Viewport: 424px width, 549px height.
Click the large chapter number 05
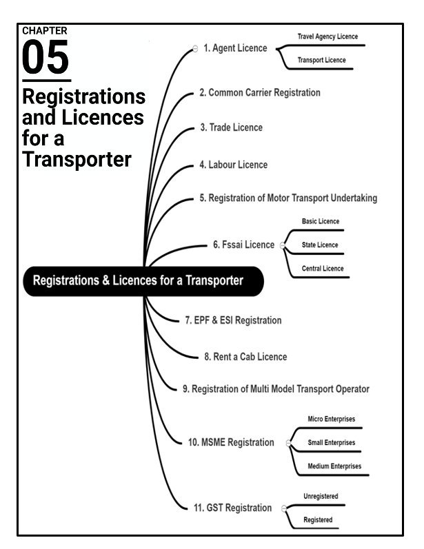(x=46, y=58)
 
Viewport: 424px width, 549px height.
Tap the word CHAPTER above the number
(x=44, y=30)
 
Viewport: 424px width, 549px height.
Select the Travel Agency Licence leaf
(x=327, y=37)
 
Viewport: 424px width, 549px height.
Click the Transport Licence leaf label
(x=321, y=60)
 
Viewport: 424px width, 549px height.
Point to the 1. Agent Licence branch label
(x=235, y=49)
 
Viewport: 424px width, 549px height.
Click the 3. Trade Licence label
(x=231, y=128)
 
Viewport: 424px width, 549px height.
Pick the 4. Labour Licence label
(x=233, y=165)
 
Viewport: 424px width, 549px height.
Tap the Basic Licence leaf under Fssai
(x=321, y=222)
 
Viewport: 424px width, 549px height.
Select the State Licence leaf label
(x=320, y=245)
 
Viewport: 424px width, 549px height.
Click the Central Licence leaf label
(x=323, y=269)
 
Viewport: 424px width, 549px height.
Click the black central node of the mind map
(x=143, y=281)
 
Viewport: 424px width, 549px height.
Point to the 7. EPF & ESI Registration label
(x=233, y=321)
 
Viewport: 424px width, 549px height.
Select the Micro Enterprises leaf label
(x=331, y=419)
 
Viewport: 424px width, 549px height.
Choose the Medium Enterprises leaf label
(x=334, y=466)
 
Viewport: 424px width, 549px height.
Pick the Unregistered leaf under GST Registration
(x=321, y=496)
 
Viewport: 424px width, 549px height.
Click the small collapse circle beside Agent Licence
(x=195, y=49)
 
